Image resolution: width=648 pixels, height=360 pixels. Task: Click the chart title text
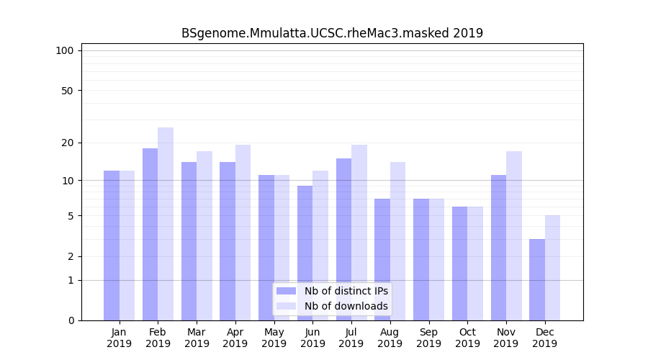pos(332,33)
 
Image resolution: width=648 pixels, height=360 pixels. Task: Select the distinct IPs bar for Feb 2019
pos(150,234)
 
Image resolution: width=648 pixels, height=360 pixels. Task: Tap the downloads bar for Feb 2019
pos(166,224)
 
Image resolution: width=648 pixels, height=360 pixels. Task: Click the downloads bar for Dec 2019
pos(552,268)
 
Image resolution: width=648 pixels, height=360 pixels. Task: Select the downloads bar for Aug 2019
pos(397,241)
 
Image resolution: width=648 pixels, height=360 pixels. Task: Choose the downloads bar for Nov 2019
pos(514,235)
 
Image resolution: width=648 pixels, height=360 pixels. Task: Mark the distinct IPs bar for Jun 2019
pos(305,253)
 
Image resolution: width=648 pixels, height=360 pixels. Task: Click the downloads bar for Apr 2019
pos(243,233)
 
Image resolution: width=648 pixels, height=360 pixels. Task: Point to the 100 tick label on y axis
pos(65,50)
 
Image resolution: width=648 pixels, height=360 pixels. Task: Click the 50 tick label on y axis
pos(67,91)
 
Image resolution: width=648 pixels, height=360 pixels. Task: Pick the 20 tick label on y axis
pos(67,143)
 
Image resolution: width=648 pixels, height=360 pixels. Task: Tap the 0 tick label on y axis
pos(71,320)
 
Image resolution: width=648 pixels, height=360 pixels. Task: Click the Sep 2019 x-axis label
pos(428,338)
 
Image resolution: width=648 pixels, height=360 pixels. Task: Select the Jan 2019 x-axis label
pos(119,338)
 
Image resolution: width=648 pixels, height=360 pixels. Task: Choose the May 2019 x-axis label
pos(274,338)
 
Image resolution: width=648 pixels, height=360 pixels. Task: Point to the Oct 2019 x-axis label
pos(467,338)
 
